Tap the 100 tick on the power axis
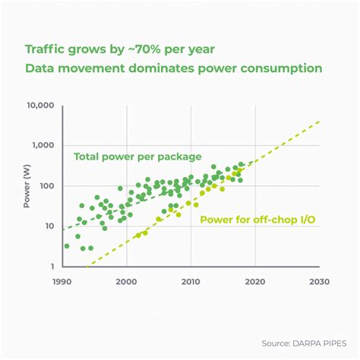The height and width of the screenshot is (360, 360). pyautogui.click(x=46, y=186)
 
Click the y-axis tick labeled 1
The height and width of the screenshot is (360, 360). pyautogui.click(x=52, y=267)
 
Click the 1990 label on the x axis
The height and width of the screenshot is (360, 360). pyautogui.click(x=62, y=281)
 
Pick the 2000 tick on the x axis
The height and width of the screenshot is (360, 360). pyautogui.click(x=127, y=281)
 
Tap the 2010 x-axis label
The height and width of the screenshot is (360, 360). pyautogui.click(x=191, y=281)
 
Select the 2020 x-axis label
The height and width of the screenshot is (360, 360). pyautogui.click(x=255, y=281)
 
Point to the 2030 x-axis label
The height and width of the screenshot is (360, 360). pyautogui.click(x=319, y=281)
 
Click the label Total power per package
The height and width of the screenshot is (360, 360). pyautogui.click(x=137, y=157)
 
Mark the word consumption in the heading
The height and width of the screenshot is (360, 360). pyautogui.click(x=282, y=68)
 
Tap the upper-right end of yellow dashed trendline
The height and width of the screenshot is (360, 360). pyautogui.click(x=321, y=121)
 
